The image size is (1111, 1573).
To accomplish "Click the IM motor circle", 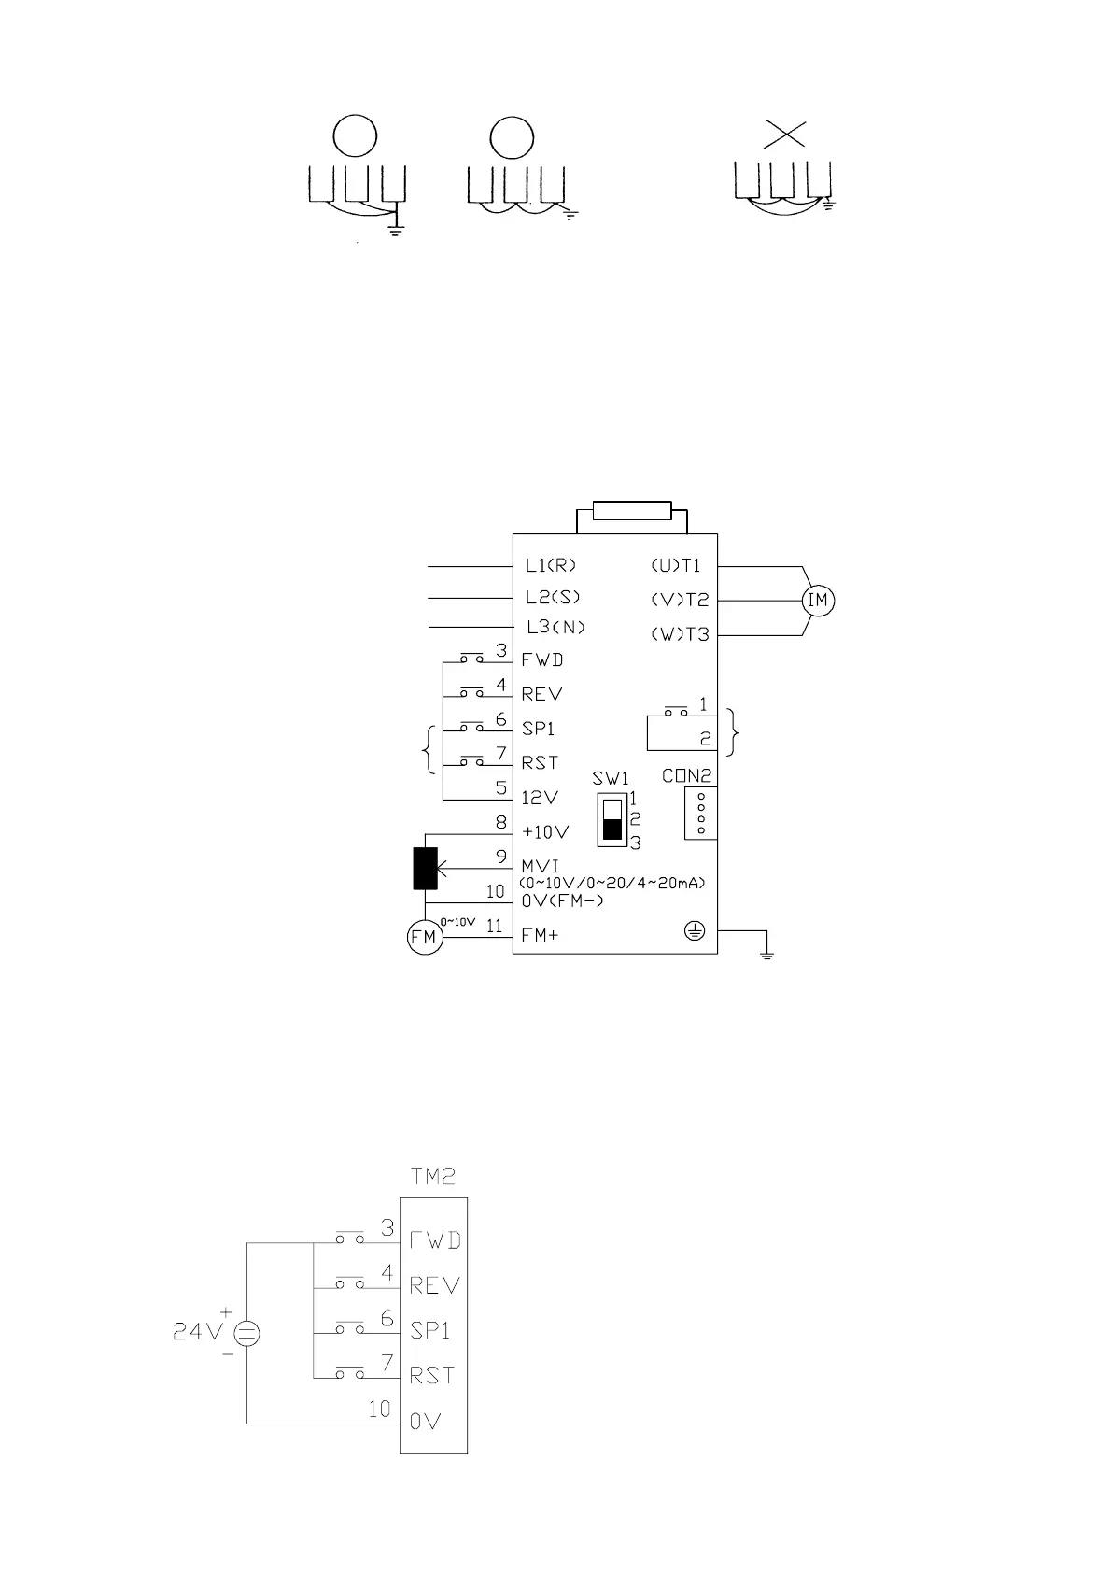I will [x=818, y=601].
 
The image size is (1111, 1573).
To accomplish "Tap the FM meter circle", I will [x=424, y=937].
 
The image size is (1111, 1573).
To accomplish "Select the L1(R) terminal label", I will [x=551, y=565].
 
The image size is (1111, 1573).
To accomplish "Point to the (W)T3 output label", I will [x=680, y=635].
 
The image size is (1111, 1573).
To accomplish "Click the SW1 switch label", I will [x=611, y=778].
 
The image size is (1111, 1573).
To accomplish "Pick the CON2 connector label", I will [x=687, y=775].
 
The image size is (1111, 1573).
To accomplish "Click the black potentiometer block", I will [x=426, y=868].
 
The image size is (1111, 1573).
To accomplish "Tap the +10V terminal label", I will [x=546, y=832].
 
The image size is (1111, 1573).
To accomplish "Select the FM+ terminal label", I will [x=541, y=935].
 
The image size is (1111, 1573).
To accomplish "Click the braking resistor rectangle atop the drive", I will [x=632, y=512].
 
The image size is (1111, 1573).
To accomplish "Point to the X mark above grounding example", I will [x=784, y=135].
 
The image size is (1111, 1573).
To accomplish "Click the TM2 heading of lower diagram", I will [x=433, y=1177].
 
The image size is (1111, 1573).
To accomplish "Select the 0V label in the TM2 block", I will [x=425, y=1422].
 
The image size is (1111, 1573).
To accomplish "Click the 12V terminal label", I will [x=541, y=798].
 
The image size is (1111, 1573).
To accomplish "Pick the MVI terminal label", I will [x=541, y=866].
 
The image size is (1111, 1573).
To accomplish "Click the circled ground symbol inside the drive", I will [x=694, y=931].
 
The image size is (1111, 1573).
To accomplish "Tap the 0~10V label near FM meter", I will [x=457, y=922].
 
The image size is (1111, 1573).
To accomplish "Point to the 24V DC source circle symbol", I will [x=246, y=1334].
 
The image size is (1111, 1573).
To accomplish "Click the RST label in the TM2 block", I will [x=432, y=1376].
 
